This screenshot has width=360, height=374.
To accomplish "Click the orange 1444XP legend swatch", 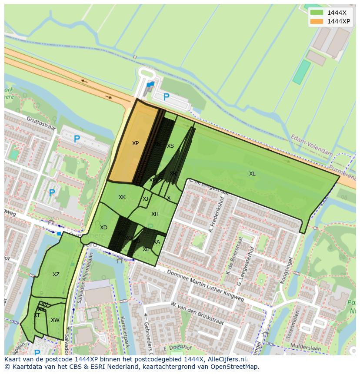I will (x=317, y=21).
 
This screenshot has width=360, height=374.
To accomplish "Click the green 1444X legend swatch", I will (x=317, y=13).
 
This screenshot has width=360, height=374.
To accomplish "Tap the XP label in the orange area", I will (x=135, y=143).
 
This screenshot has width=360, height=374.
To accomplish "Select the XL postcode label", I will (x=252, y=174).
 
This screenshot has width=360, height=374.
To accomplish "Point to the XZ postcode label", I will (x=56, y=275).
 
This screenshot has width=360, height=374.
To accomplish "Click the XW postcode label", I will (x=55, y=320).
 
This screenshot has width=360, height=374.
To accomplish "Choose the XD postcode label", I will (x=103, y=228).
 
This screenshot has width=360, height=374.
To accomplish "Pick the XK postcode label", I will (x=122, y=197).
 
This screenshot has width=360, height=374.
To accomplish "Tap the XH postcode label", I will (x=155, y=214).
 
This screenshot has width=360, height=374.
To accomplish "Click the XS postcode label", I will (x=170, y=146).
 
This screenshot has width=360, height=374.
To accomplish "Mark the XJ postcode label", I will (x=146, y=199).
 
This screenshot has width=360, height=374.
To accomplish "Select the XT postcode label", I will (x=37, y=315).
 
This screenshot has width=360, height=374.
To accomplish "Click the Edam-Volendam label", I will (x=313, y=146).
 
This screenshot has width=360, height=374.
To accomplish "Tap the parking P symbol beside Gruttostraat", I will (x=77, y=139).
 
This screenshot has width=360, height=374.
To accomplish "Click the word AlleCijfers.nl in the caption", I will (x=226, y=360).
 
